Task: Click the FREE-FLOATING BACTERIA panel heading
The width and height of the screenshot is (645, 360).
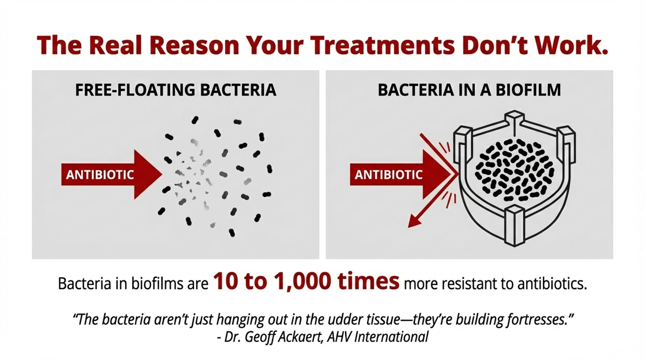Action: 176,90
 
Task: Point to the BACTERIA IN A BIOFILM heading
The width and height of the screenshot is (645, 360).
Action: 469,90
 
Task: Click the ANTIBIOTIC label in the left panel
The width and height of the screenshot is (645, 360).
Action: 100,175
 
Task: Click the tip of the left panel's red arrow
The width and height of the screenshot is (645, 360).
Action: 162,175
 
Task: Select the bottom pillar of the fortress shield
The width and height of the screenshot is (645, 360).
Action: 515,226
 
